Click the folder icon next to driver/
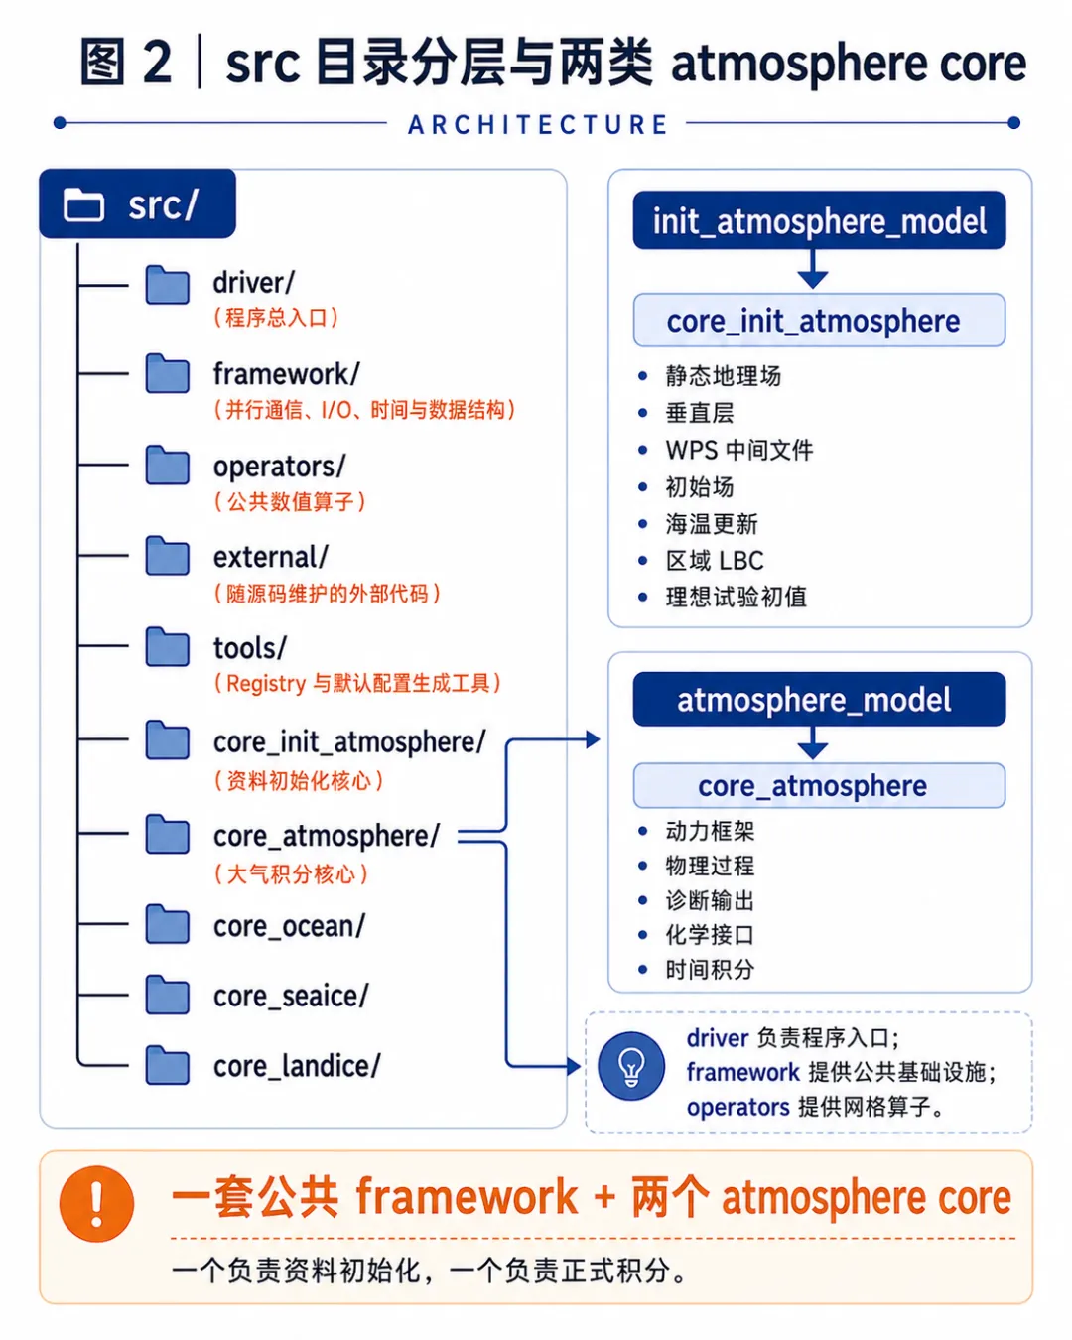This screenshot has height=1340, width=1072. (167, 285)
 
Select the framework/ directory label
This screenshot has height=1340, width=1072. (287, 374)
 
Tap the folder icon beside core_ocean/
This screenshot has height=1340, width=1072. (167, 924)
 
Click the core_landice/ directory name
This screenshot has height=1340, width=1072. (297, 1066)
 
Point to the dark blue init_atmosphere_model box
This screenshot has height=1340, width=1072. (819, 220)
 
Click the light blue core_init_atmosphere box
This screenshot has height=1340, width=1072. (819, 320)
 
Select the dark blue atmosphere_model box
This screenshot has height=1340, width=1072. (819, 699)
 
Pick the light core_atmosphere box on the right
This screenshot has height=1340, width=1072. (819, 785)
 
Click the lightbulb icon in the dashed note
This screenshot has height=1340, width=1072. (631, 1067)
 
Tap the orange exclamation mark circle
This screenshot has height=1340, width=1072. (96, 1204)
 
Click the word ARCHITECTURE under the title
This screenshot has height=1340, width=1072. (538, 124)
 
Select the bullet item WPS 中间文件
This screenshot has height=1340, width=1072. (738, 450)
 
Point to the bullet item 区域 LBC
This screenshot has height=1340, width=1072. (715, 561)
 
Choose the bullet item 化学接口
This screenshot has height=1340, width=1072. (710, 935)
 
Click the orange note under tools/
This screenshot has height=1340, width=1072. (357, 683)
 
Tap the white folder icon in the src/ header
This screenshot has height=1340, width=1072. (83, 204)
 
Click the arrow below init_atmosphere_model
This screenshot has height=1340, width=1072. (812, 269)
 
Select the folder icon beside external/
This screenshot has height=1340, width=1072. (167, 556)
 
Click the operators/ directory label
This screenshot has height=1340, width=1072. (279, 467)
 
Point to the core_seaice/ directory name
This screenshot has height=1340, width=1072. (291, 996)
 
